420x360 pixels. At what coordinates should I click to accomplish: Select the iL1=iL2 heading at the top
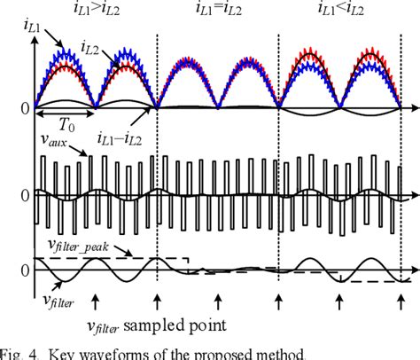point(221,11)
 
